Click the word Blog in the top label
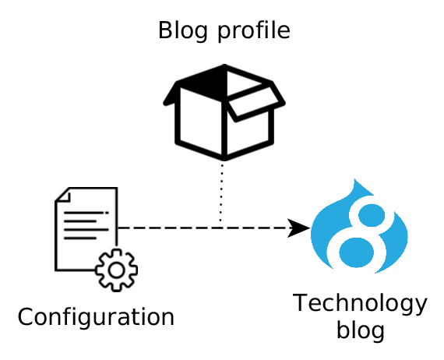point(182,31)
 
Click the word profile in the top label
point(254,31)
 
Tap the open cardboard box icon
point(224,112)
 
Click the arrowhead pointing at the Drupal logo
point(299,228)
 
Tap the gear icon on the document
point(116,270)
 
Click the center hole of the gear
point(116,270)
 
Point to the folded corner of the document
point(63,195)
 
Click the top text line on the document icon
point(86,213)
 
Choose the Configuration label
point(96,318)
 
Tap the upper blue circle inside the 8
point(372,215)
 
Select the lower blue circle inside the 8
point(356,252)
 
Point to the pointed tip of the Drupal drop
point(354,179)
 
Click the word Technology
point(360,305)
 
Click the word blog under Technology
point(360,330)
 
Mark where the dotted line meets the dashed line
point(221,228)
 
